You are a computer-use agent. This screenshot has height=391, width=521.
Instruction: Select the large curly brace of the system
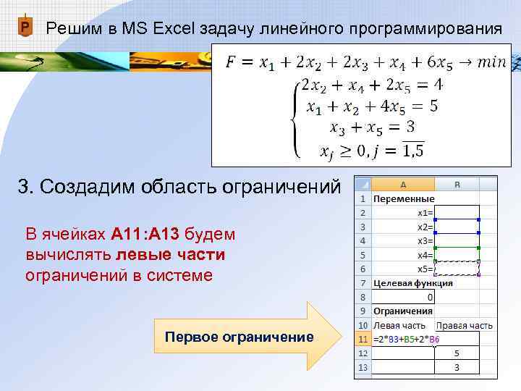pyautogui.click(x=295, y=118)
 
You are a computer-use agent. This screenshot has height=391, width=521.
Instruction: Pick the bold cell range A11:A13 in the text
pyautogui.click(x=146, y=235)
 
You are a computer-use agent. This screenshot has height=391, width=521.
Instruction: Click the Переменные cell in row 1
pyautogui.click(x=404, y=198)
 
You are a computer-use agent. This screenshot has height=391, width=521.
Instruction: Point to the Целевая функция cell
pyautogui.click(x=412, y=282)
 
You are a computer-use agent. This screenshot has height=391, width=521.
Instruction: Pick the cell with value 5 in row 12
pyautogui.click(x=457, y=353)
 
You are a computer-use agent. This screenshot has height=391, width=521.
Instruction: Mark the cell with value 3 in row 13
pyautogui.click(x=457, y=367)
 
